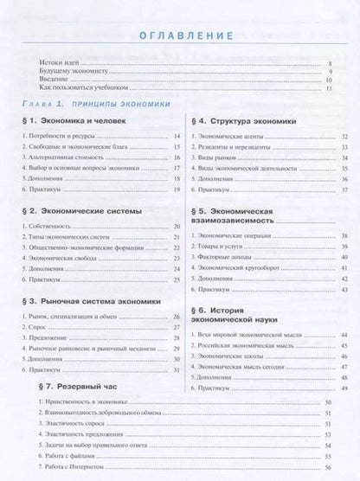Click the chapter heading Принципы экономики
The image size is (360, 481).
coord(112,102)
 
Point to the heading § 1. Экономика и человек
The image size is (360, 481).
coord(74,122)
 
